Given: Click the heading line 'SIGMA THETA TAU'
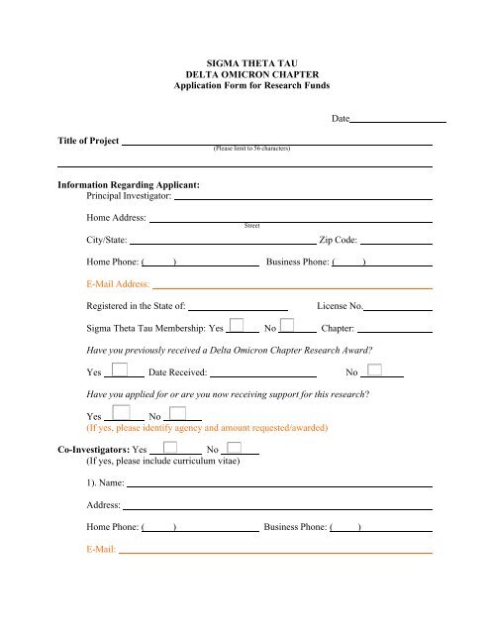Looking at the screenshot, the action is click(245, 60).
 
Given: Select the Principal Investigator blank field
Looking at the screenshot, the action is click(303, 197).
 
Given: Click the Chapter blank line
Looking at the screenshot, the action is click(394, 328).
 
